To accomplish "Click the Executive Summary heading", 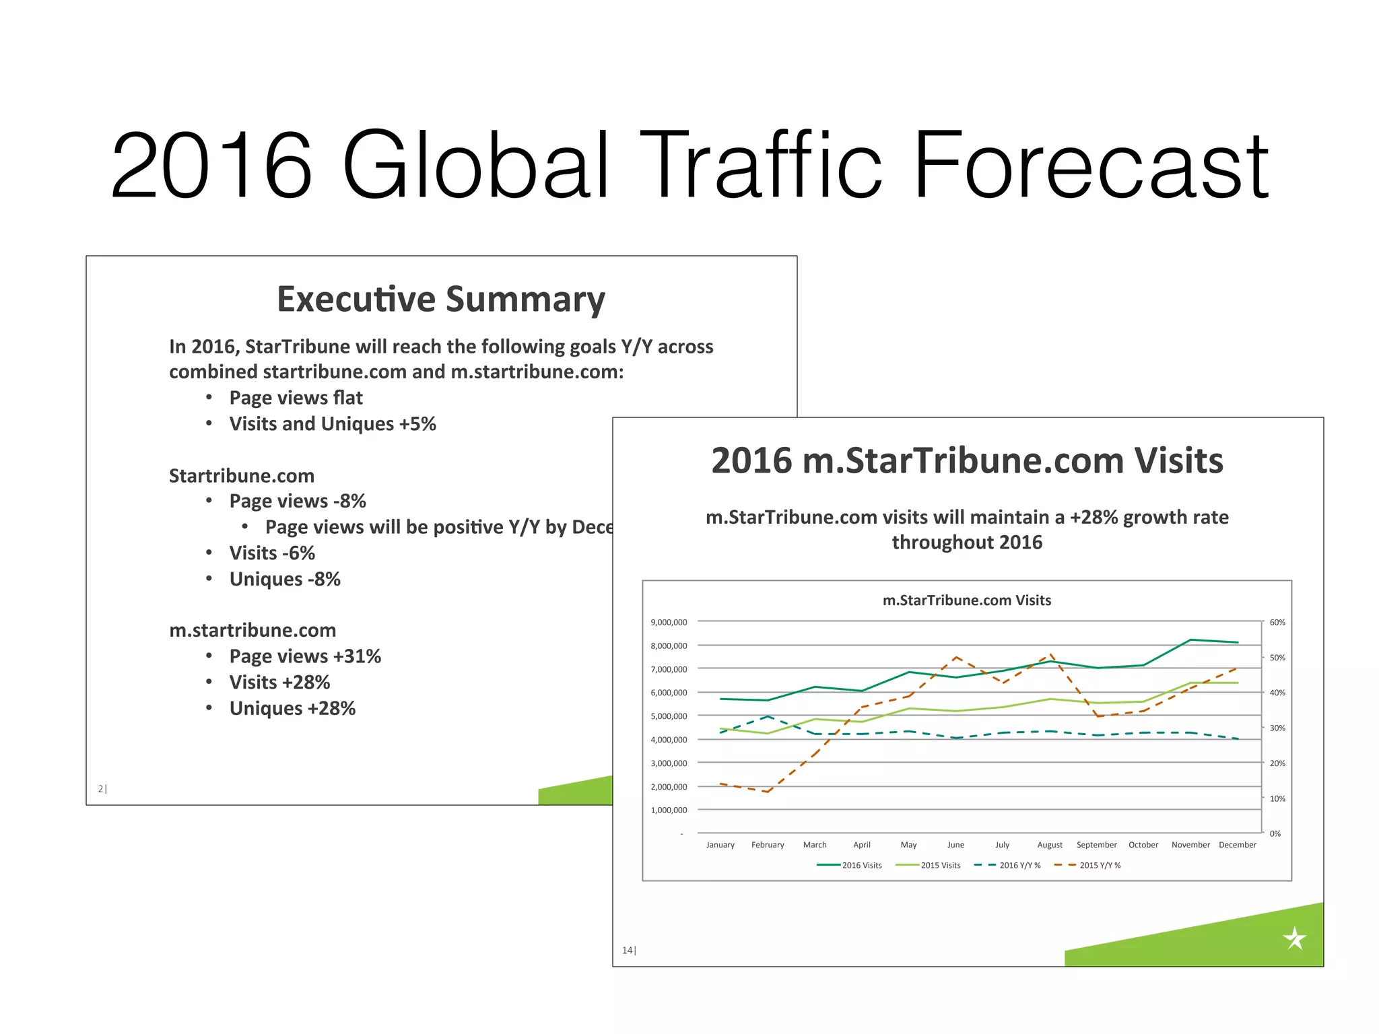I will [x=441, y=299].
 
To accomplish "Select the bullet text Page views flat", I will [x=296, y=398].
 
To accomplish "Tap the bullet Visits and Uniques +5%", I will [x=333, y=424].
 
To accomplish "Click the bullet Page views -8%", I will [x=298, y=502].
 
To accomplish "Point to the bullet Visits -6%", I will [x=272, y=553].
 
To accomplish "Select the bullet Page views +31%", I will [x=305, y=656].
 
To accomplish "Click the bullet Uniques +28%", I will [x=292, y=708].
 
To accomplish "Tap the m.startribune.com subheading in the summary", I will [x=253, y=630].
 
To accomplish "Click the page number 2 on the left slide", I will [x=101, y=788].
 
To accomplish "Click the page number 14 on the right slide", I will [x=628, y=950].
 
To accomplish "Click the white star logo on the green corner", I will [x=1294, y=938].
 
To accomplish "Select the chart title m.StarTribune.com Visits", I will [x=966, y=600].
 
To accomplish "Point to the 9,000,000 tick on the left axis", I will [x=669, y=622].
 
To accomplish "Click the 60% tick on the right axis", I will [x=1277, y=622].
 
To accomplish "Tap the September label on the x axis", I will [x=1096, y=845].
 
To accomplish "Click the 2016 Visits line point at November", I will [x=1190, y=640].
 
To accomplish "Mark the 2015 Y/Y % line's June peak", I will [x=955, y=657].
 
